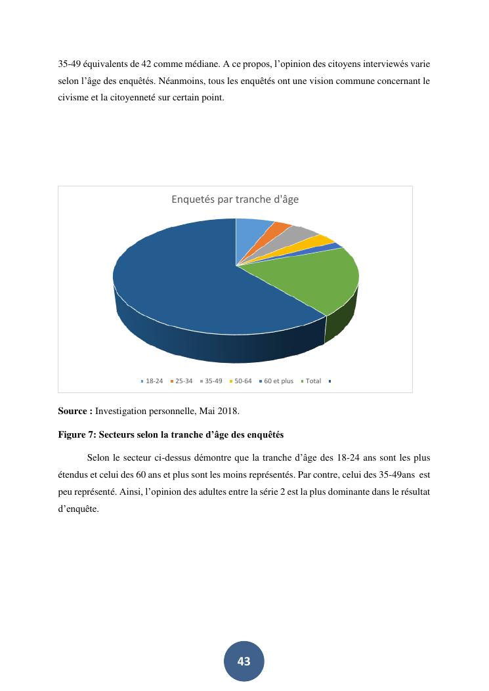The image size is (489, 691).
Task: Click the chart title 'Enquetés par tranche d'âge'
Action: (x=235, y=199)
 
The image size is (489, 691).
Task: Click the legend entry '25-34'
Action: (x=183, y=381)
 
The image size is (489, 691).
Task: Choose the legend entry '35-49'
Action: (x=213, y=381)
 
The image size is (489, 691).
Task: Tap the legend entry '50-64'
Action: (x=243, y=381)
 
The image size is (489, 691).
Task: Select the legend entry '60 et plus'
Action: (x=278, y=381)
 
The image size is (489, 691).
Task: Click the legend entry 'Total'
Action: (x=313, y=381)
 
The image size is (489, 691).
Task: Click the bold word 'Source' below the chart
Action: (x=74, y=411)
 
